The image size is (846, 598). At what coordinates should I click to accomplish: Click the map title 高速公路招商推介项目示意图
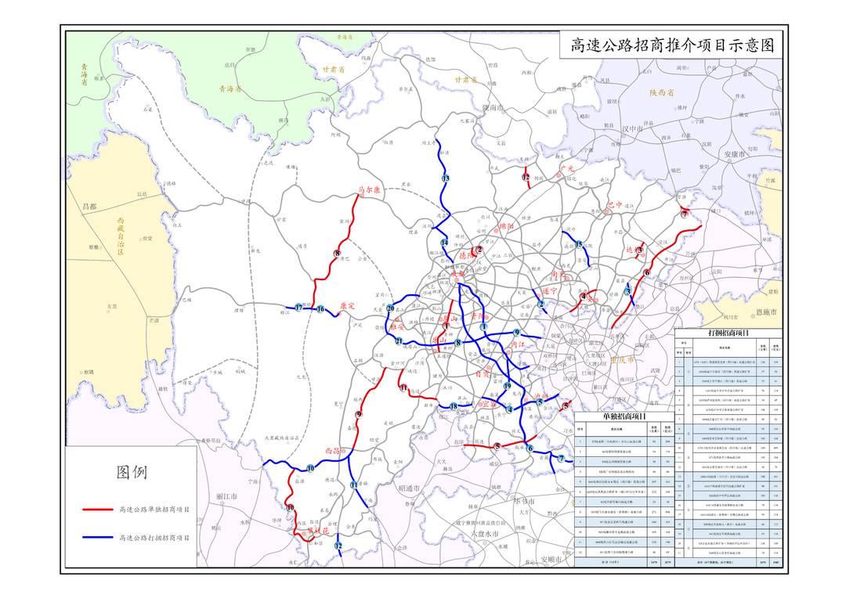672,45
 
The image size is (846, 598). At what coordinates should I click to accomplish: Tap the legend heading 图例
131,472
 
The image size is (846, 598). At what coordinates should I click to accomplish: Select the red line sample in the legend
97,510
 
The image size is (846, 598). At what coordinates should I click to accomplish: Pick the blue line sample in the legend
97,538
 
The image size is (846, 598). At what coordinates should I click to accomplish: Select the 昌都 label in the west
93,206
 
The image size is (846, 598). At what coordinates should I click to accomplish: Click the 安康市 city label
738,154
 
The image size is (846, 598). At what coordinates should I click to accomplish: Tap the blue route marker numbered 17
299,308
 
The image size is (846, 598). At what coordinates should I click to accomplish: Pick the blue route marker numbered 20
390,308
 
